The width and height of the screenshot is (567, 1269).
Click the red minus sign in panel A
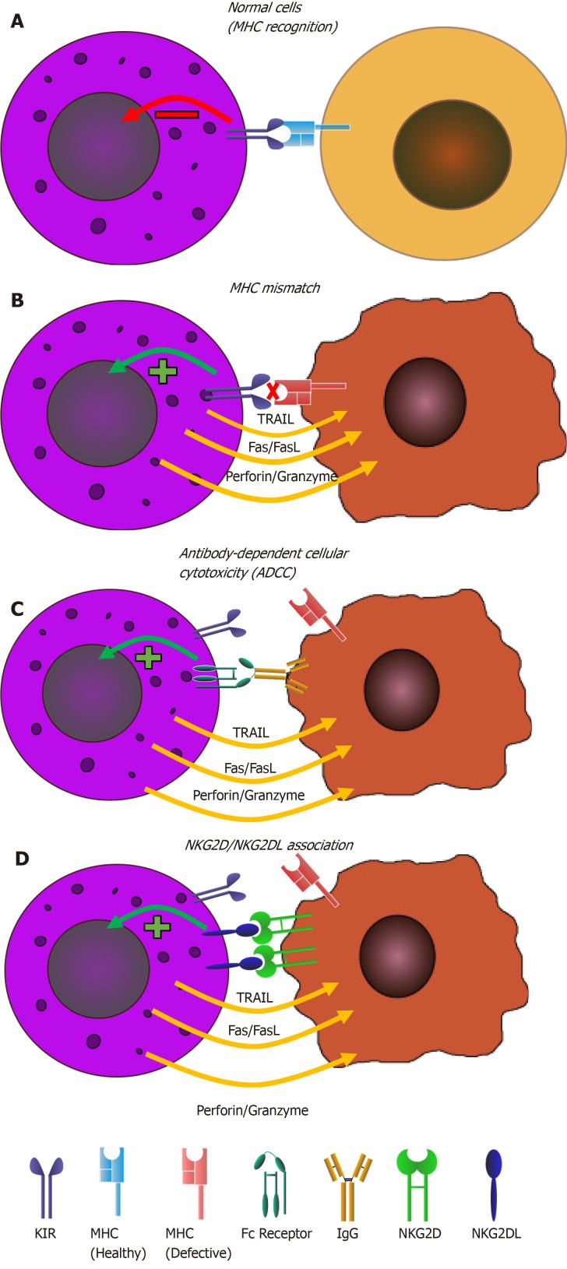pos(177,114)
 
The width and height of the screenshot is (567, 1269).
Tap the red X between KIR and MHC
pos(273,392)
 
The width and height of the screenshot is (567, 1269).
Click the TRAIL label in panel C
pos(251,733)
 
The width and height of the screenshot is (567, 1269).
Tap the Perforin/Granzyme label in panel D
pos(252,1110)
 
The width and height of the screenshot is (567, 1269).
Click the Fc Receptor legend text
pos(276,1233)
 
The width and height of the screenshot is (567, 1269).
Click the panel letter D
pos(23,859)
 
